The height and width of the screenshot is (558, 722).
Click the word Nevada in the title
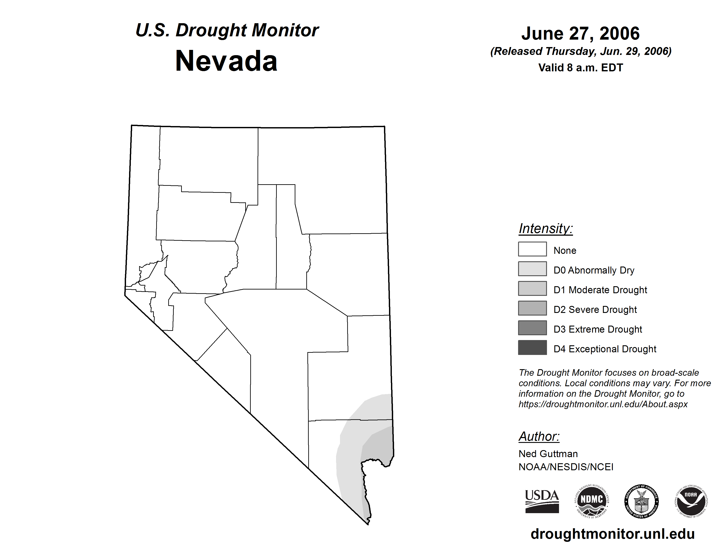coord(226,61)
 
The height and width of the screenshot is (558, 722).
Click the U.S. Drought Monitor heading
coord(227,30)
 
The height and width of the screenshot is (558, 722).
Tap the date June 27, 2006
coord(580,33)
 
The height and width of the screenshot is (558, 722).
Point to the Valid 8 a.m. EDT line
coord(580,68)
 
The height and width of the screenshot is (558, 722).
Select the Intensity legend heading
coord(545,228)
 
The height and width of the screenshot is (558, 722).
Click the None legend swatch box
coord(532,249)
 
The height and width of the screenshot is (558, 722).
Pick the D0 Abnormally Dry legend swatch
coord(532,269)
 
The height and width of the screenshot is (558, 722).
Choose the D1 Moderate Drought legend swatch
coord(532,288)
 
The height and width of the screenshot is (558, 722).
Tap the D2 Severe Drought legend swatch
coord(532,308)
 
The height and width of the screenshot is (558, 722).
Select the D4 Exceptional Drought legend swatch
coord(532,347)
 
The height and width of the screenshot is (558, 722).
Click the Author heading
coord(539,436)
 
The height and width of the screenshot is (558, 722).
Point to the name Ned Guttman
coord(548,454)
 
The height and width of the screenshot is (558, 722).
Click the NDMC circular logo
coord(592,501)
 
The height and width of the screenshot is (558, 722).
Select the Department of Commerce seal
coord(641,501)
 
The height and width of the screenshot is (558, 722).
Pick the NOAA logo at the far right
coord(691,501)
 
